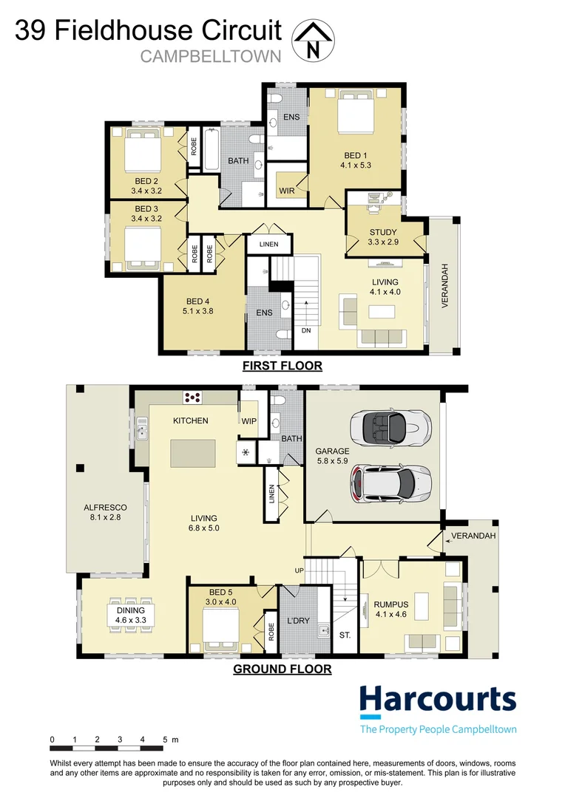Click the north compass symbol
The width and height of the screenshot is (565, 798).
(x=314, y=40)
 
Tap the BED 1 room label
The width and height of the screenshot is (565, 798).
(x=356, y=155)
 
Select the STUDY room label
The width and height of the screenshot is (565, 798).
(x=383, y=233)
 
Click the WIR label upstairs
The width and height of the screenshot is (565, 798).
(x=288, y=191)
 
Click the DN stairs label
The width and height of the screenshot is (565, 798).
(x=306, y=330)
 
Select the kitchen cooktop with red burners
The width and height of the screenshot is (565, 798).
(x=194, y=398)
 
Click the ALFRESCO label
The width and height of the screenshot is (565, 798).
(x=106, y=508)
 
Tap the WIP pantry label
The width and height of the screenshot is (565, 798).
(x=248, y=420)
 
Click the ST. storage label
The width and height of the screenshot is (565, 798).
(x=345, y=634)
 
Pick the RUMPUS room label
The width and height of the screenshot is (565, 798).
(x=391, y=604)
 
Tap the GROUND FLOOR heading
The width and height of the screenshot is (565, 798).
(x=282, y=669)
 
